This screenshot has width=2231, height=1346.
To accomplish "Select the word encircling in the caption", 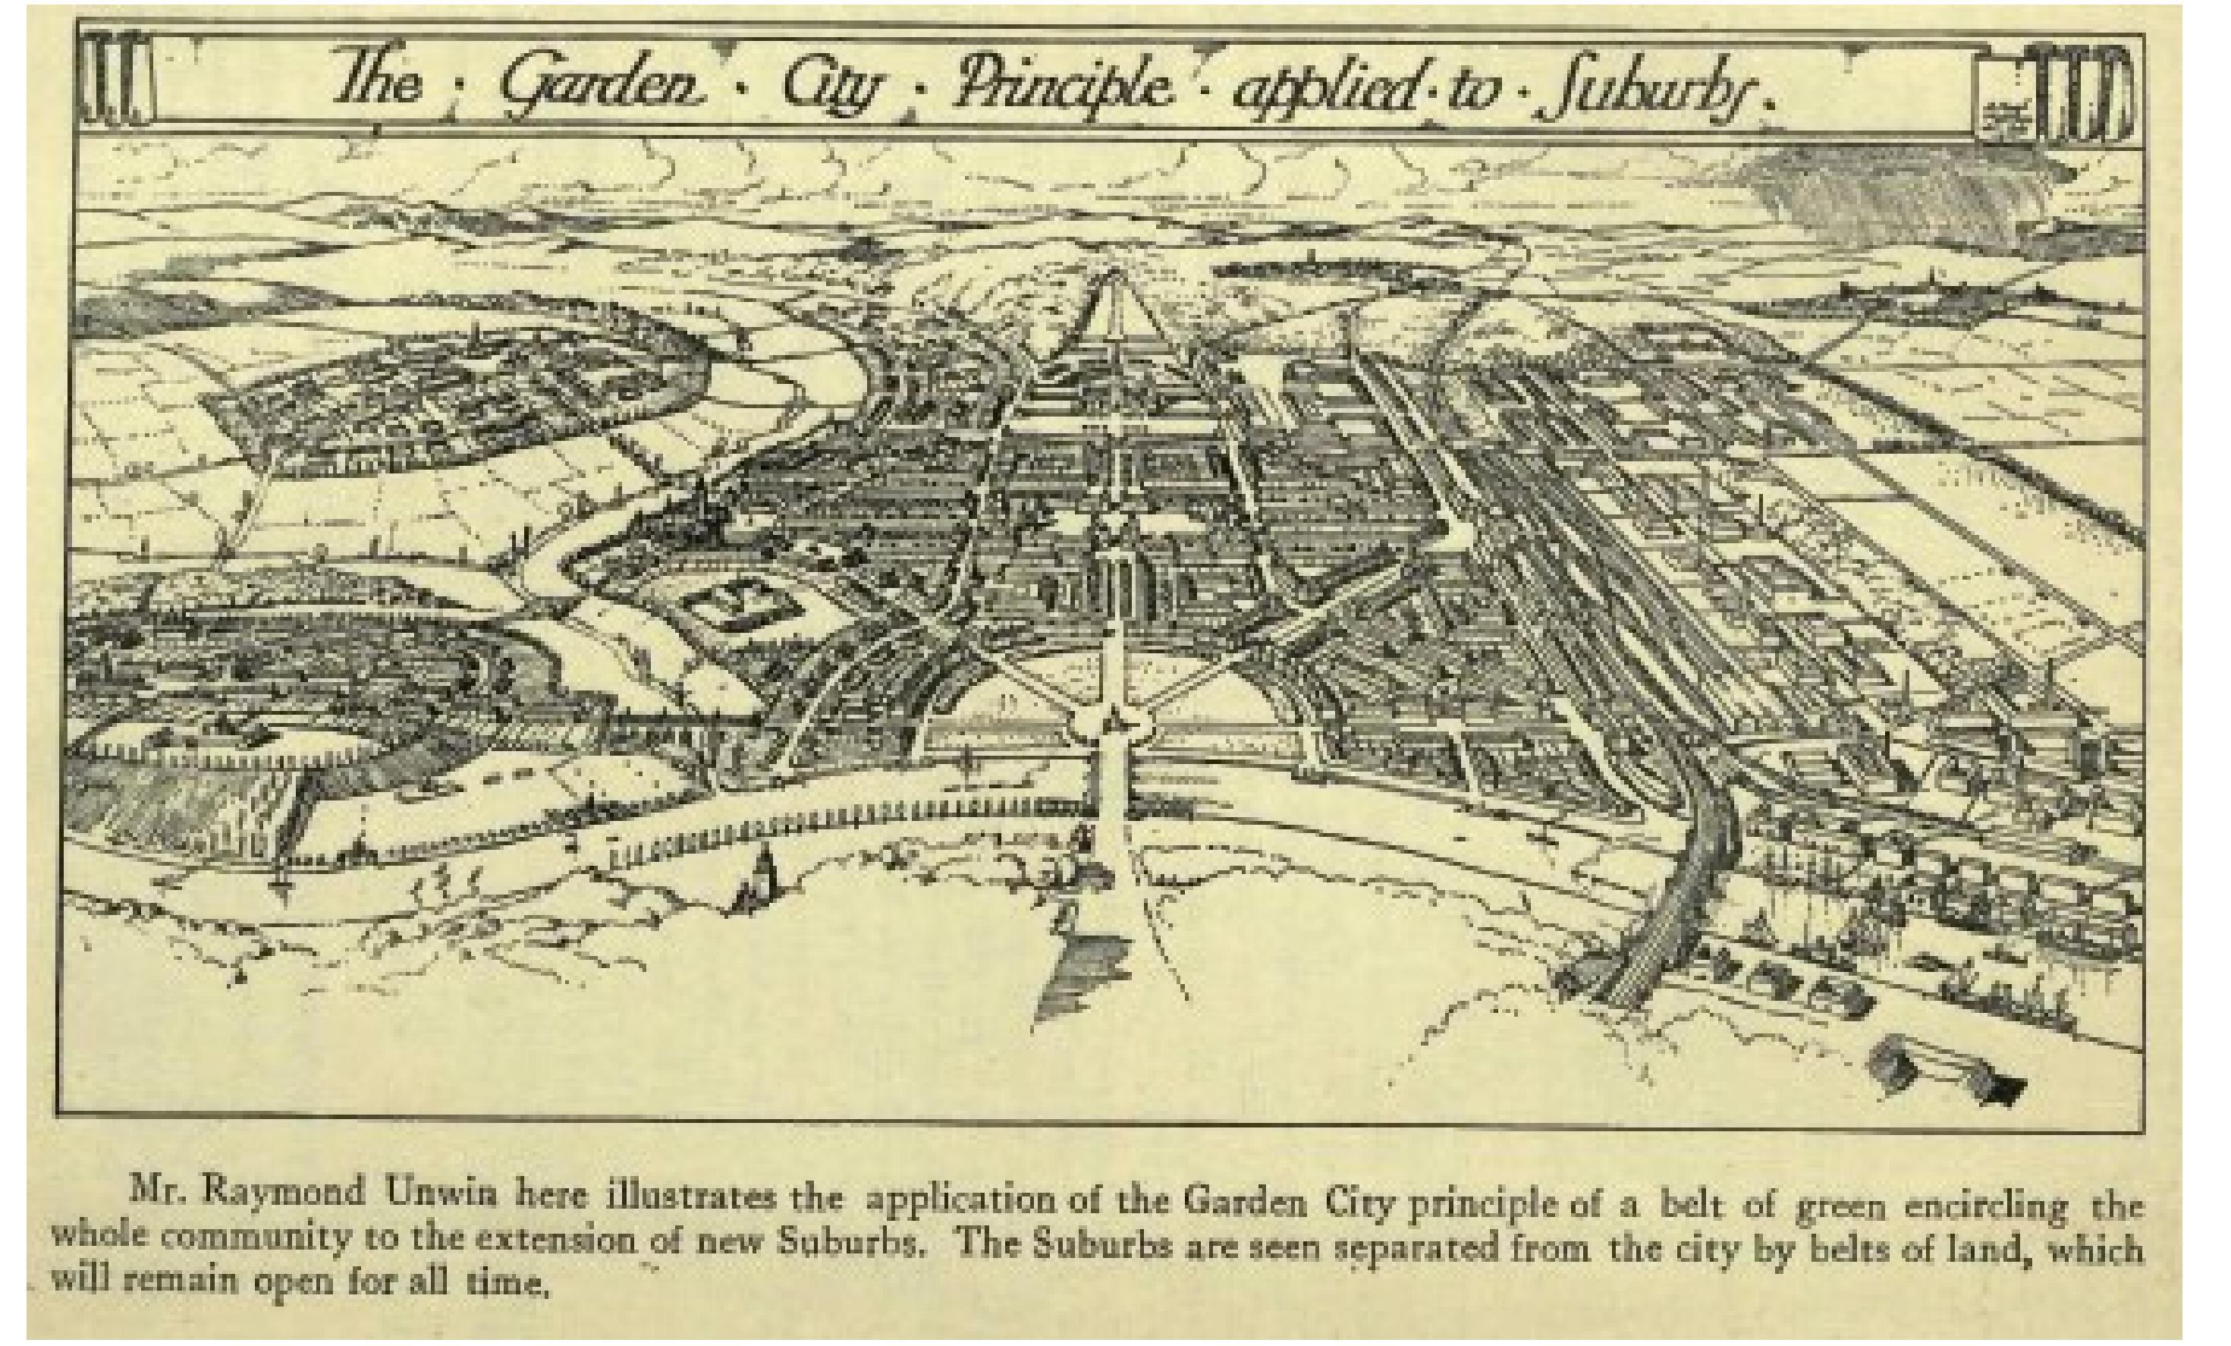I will pos(1982,1206).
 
